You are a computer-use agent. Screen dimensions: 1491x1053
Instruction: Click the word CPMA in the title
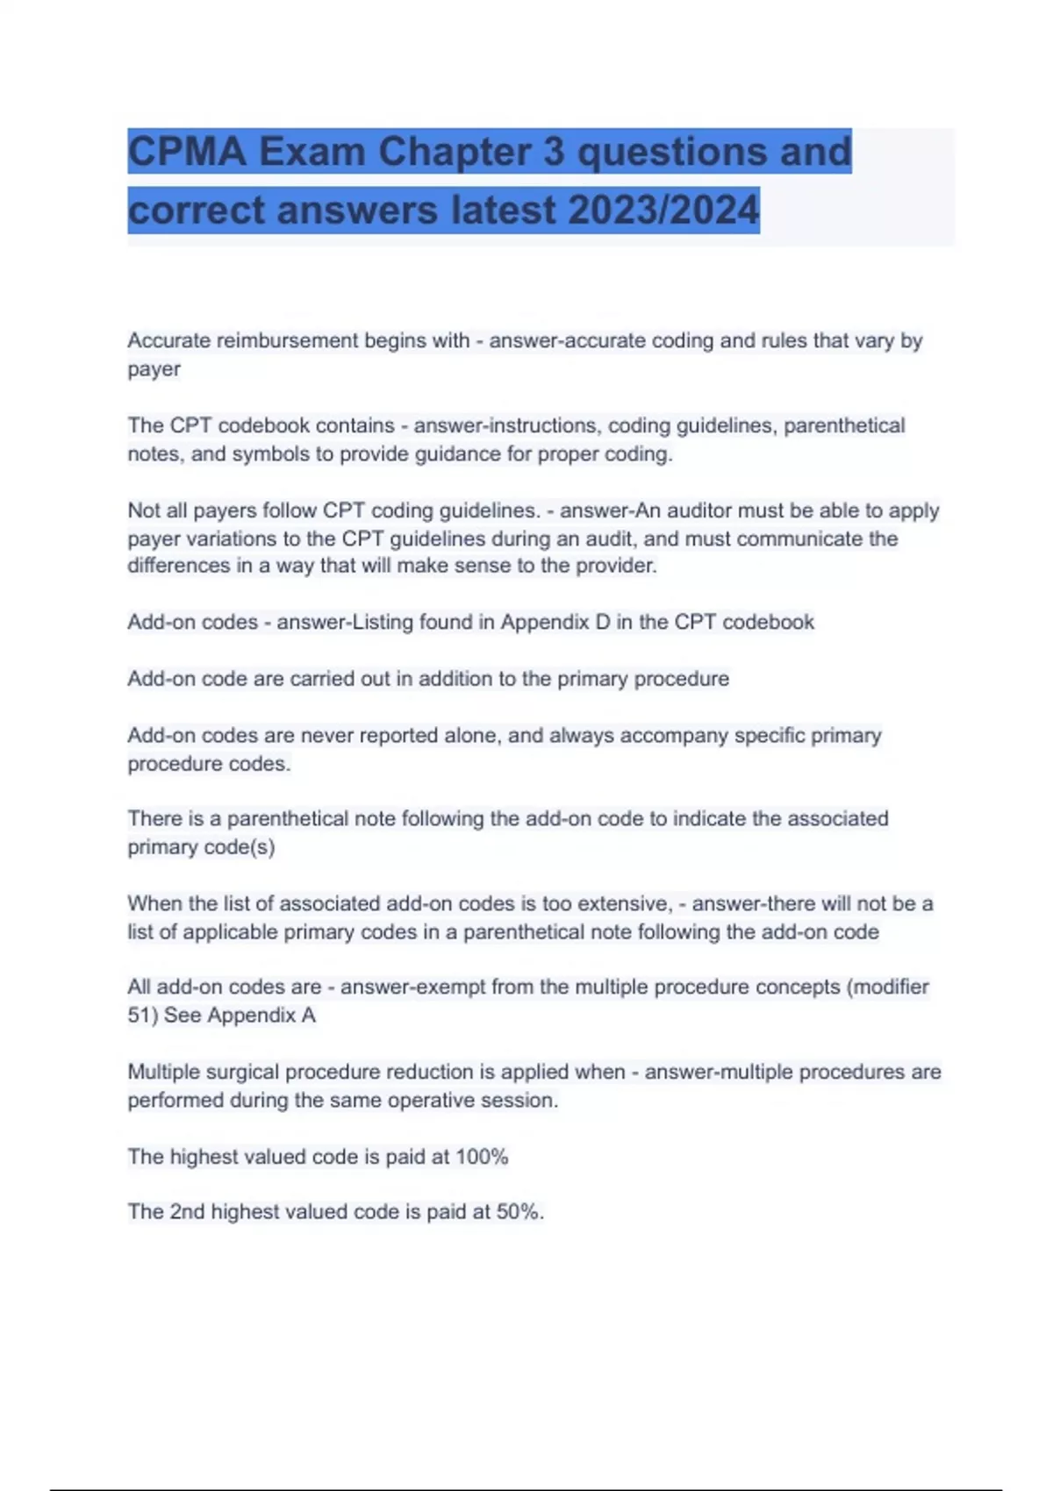coord(186,152)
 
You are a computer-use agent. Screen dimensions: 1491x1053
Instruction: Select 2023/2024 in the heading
coord(663,210)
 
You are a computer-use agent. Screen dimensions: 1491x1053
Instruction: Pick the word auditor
coord(701,510)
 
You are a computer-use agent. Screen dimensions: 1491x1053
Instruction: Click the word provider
coord(615,566)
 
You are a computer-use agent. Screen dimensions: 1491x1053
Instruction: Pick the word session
coord(521,1100)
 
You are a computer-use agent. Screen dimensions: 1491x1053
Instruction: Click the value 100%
coord(482,1157)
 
